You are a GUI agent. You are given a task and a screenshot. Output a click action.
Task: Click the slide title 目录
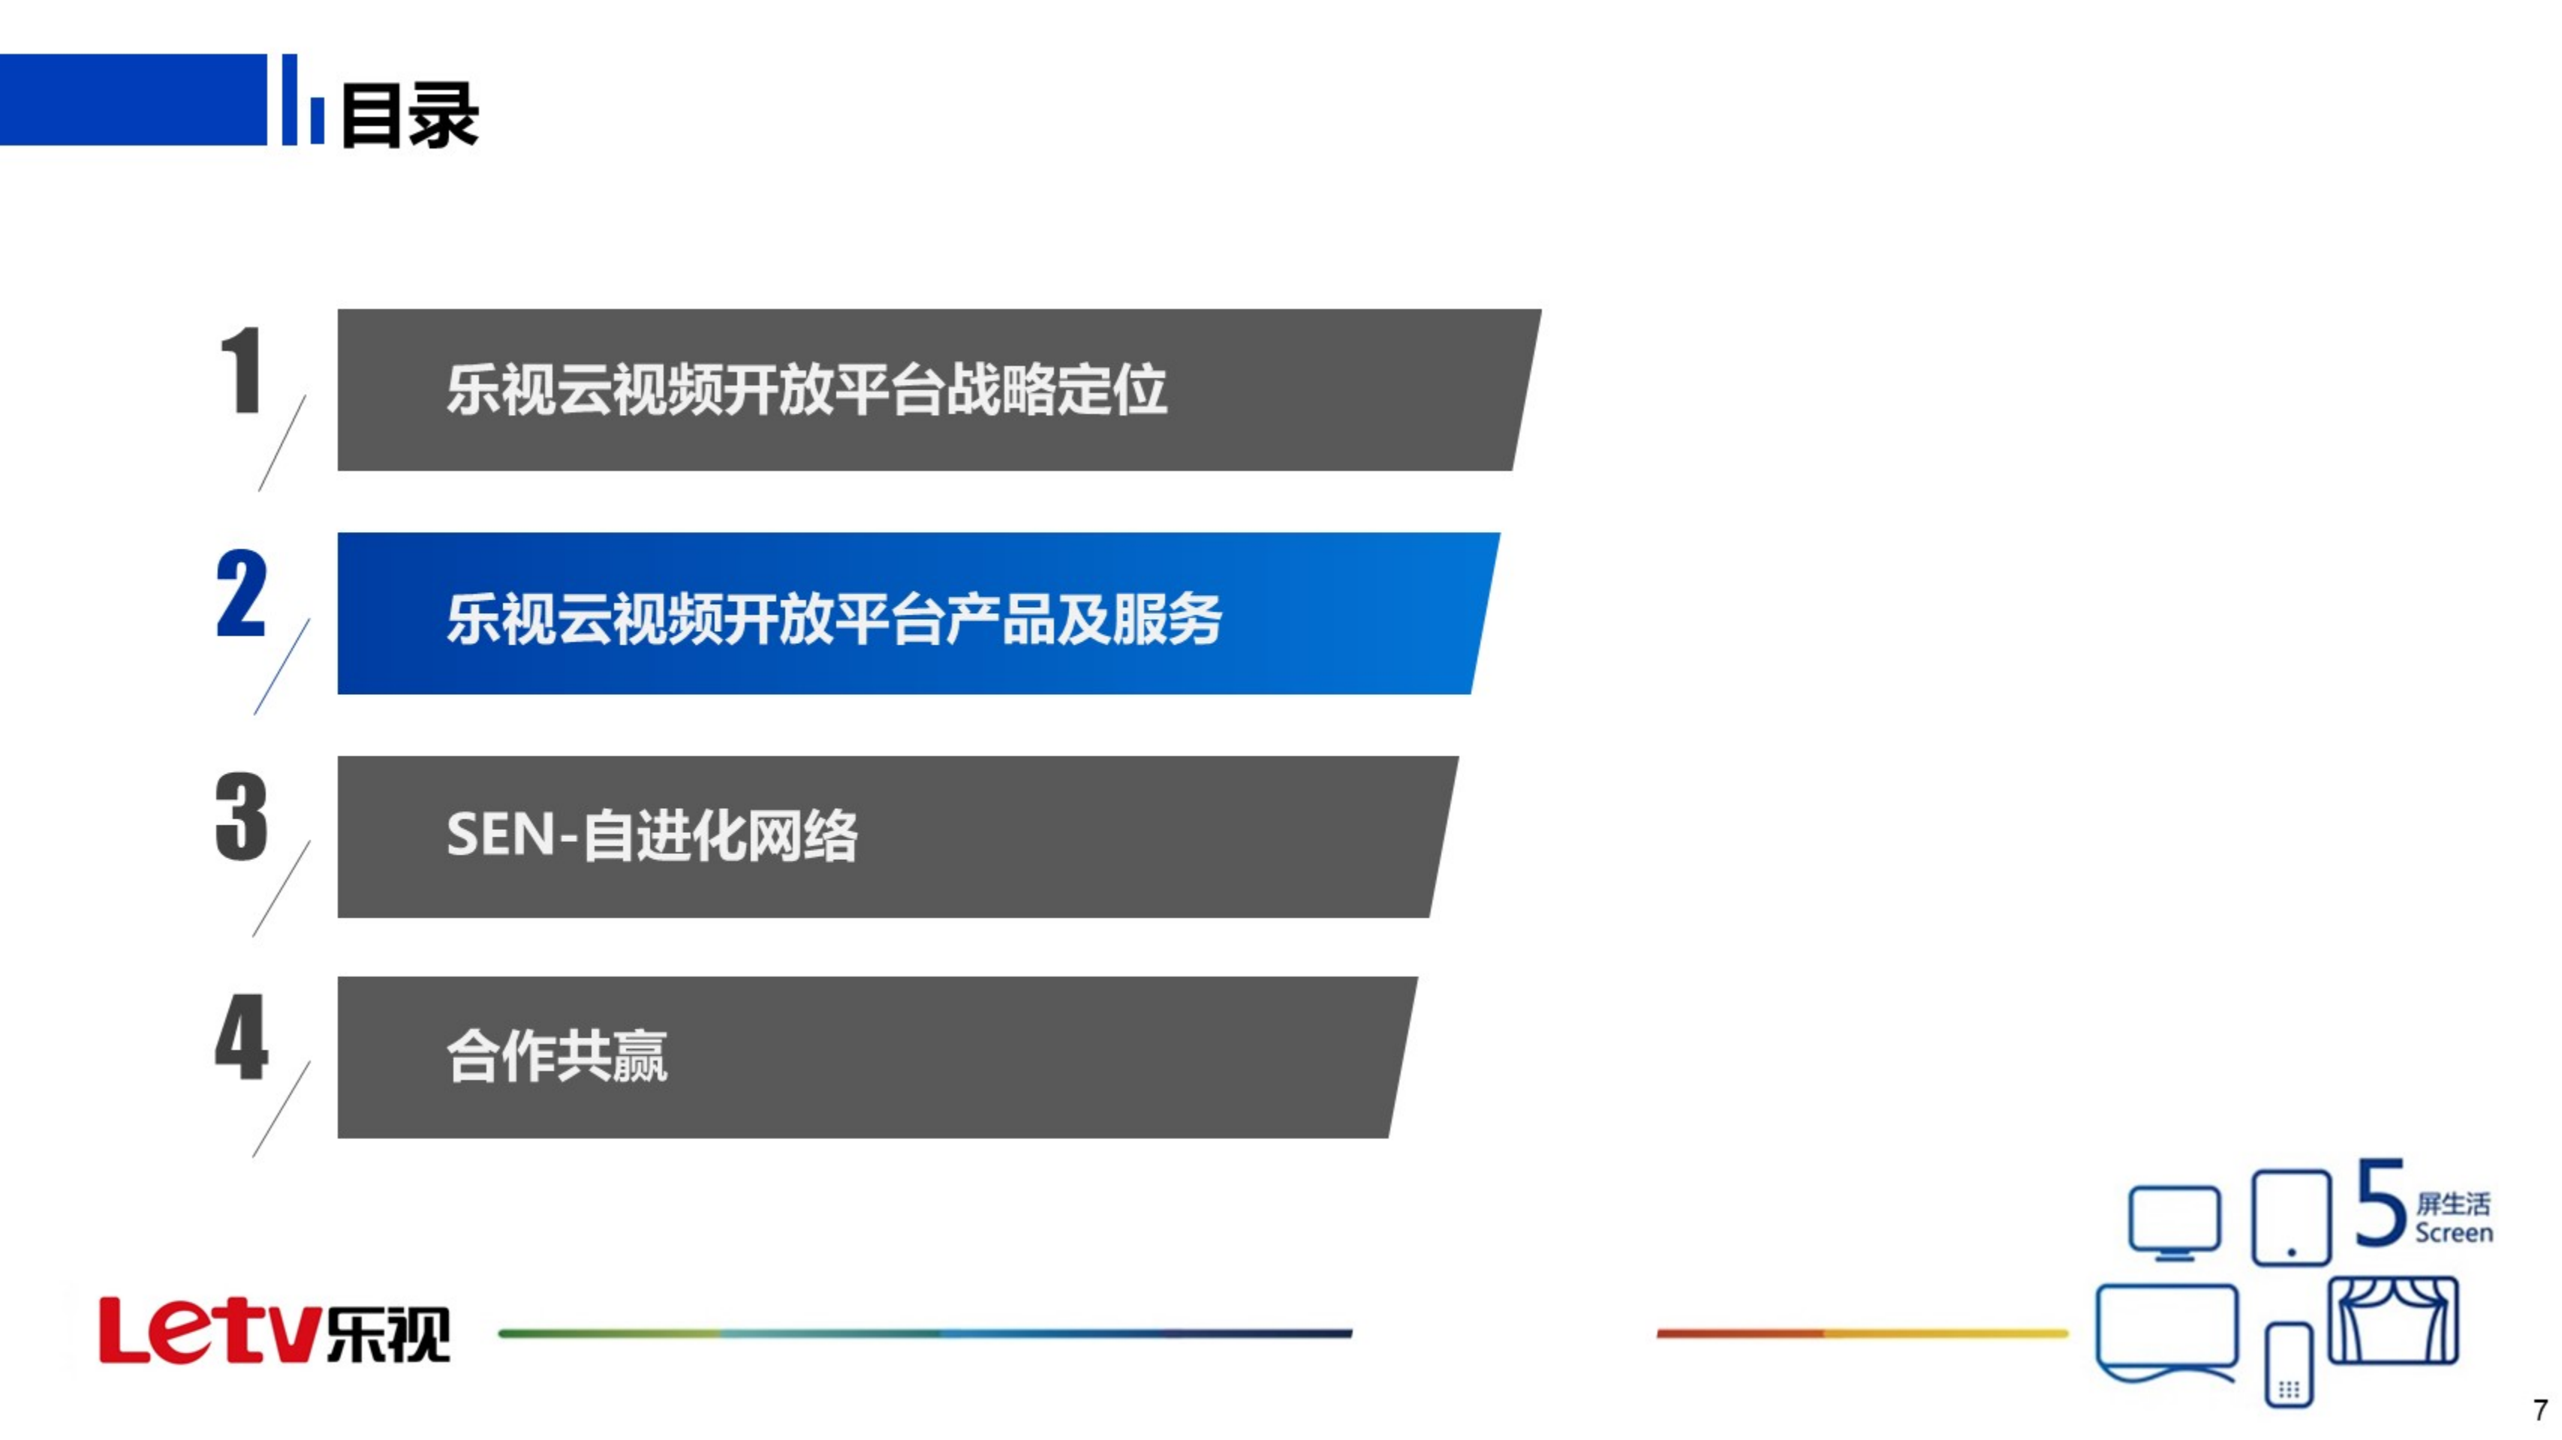410,116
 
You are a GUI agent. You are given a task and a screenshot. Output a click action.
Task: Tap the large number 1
242,370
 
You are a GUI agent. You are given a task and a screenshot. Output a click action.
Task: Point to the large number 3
242,816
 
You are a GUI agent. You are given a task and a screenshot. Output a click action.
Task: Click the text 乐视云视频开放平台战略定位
805,390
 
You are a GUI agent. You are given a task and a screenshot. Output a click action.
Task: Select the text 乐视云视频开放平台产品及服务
833,618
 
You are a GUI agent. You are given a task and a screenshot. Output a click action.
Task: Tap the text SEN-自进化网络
652,834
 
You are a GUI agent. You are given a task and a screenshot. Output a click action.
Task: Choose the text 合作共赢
557,1056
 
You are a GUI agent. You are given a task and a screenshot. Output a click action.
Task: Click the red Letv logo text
209,1330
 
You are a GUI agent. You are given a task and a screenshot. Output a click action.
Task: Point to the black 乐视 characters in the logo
389,1333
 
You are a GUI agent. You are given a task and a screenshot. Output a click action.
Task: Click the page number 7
2539,1410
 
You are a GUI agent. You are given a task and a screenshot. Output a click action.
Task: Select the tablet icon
2290,1217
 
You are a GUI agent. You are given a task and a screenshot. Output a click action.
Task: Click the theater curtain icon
2393,1321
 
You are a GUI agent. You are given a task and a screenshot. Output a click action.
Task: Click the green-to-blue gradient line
925,1333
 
